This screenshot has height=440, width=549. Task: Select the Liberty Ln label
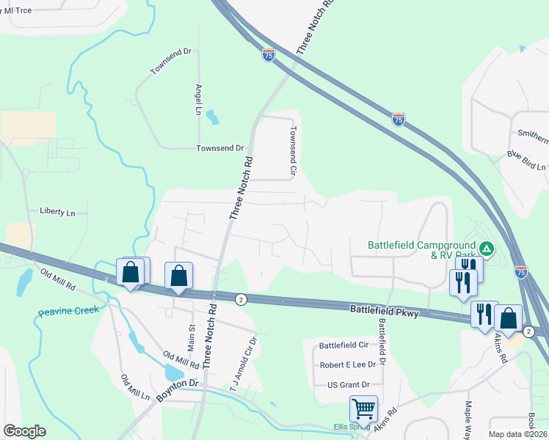pos(57,213)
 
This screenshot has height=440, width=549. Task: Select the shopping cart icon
pos(363,408)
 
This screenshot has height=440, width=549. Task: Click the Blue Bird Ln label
pos(526,161)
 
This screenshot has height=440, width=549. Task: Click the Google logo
pos(25,431)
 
